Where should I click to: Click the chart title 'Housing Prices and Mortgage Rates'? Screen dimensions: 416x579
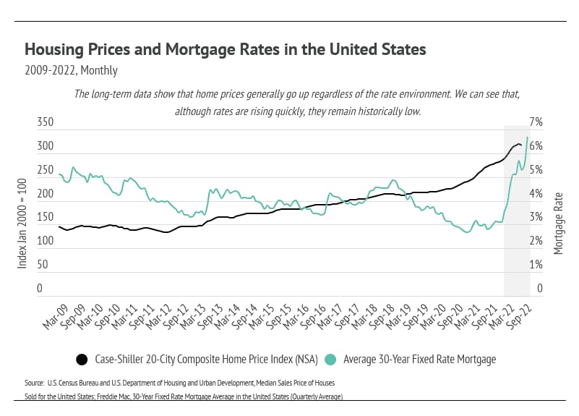(x=226, y=50)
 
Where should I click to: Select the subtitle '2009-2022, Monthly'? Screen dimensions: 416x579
(x=71, y=71)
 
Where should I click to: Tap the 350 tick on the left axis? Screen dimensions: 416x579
(x=45, y=123)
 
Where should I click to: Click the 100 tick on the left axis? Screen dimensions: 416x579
(x=45, y=242)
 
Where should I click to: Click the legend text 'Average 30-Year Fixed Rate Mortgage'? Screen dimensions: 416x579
(x=419, y=359)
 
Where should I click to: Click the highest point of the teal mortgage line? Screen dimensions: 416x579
(x=528, y=137)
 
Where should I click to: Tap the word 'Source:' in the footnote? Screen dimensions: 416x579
(x=35, y=381)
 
